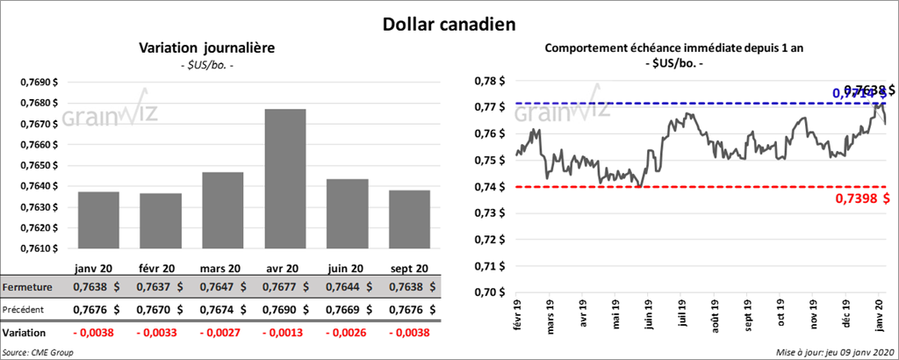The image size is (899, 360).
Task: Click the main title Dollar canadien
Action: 449,23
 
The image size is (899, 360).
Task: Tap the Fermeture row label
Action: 28,288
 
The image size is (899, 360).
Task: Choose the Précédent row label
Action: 27,310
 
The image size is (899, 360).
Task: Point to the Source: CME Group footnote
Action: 38,352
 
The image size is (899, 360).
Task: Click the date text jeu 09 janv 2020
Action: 857,352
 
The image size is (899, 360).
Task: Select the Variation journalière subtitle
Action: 207,48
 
